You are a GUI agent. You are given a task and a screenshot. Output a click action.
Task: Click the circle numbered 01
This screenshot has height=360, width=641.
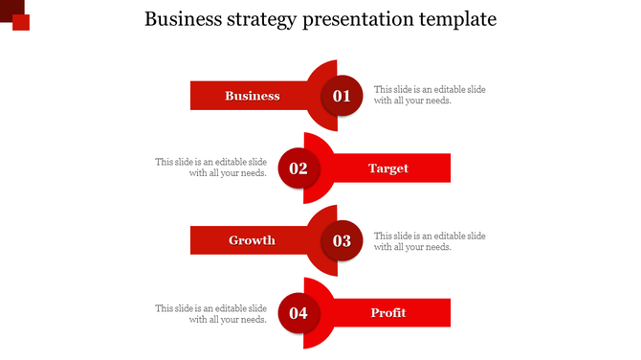pos(342,96)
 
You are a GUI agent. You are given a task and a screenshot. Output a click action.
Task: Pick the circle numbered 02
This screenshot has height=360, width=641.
pos(298,169)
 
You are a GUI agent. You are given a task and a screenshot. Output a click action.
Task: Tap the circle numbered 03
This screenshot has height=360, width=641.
pos(342,240)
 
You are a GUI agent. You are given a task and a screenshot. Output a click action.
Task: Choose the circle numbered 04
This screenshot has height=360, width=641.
pos(298,313)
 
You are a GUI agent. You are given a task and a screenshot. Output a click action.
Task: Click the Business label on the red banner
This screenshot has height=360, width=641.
pos(253,96)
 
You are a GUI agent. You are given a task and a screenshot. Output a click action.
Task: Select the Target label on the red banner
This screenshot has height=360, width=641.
pos(388,169)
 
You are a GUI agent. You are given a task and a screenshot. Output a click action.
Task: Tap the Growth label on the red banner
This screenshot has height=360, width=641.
pos(252,240)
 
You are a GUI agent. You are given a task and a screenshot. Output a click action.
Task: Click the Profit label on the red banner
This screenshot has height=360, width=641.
pos(388,313)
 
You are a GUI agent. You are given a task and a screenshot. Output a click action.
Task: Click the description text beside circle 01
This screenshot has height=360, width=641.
pos(429,95)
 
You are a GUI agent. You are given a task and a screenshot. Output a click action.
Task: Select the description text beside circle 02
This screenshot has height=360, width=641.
pos(211,168)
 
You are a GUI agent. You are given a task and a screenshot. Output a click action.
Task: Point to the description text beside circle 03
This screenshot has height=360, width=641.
pos(429,240)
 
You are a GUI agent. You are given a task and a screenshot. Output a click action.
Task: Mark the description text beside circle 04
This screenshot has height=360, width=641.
pos(211,313)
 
